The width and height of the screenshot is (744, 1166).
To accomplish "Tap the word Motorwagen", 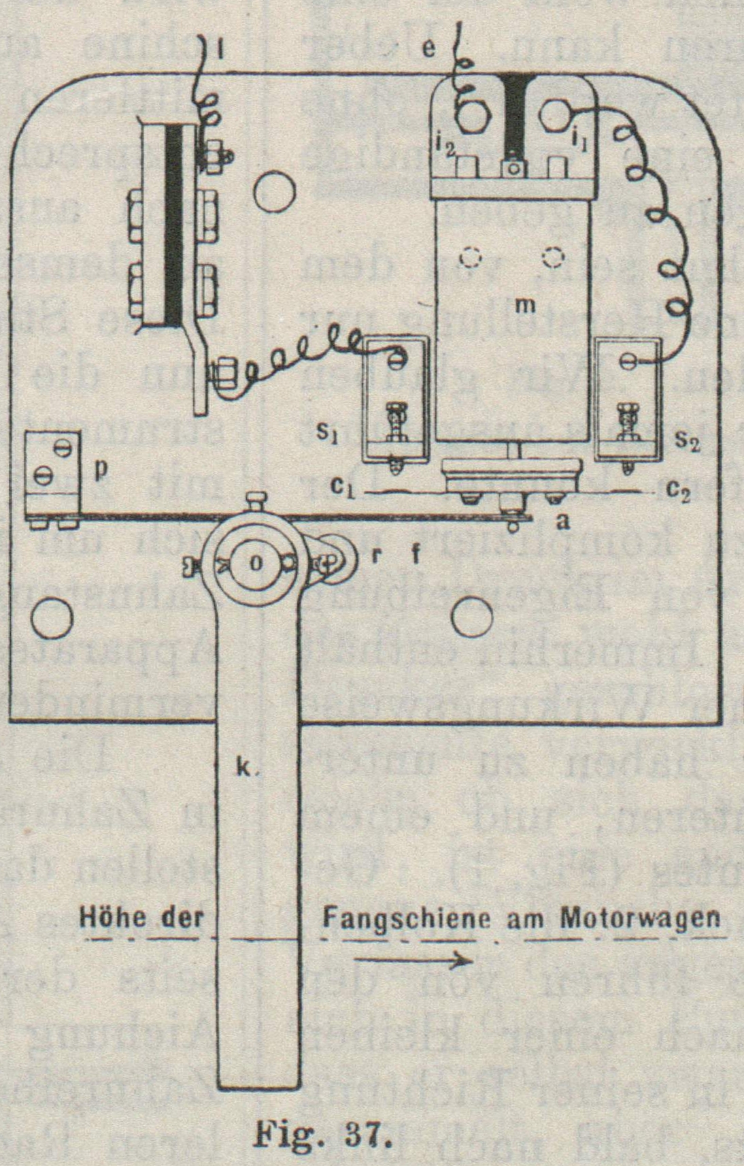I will (640, 918).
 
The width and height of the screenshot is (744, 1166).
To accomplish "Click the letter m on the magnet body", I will (525, 306).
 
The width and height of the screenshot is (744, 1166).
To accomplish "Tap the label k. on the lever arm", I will (246, 771).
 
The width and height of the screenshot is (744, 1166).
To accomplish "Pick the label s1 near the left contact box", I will (328, 434).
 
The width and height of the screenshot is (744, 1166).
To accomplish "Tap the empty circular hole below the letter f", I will (472, 615).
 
